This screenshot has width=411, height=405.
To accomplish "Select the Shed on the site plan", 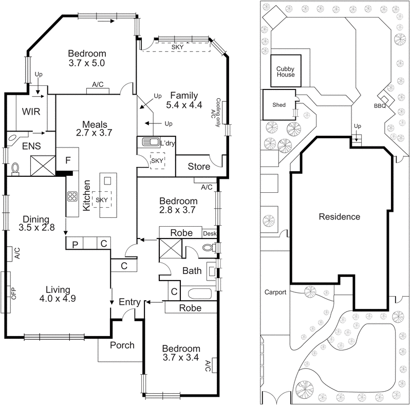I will click(x=279, y=104).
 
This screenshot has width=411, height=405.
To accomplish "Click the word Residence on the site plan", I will click(x=340, y=216).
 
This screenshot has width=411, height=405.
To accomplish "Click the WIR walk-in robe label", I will click(x=31, y=112).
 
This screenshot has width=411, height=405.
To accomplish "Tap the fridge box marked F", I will click(x=67, y=159).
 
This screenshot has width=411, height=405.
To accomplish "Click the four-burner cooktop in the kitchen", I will click(x=72, y=196).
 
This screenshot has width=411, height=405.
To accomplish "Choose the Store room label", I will click(x=199, y=167).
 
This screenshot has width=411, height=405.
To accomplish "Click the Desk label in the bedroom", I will click(x=210, y=234).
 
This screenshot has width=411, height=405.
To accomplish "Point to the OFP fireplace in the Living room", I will click(x=7, y=292).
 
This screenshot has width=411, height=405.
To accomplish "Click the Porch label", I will click(x=122, y=345).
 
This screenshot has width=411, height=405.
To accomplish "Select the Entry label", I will click(x=130, y=302).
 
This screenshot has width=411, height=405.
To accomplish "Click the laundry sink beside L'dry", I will click(x=148, y=142).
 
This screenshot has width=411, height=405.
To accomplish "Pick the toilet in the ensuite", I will click(x=15, y=168).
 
